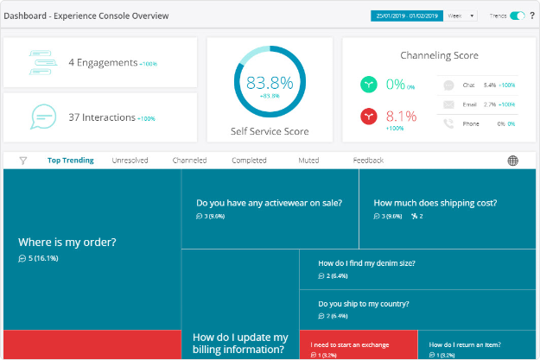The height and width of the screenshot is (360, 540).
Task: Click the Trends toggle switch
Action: point(518,16)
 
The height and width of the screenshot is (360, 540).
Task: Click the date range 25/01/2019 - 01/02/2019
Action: point(406,16)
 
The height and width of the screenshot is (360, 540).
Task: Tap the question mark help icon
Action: point(532,16)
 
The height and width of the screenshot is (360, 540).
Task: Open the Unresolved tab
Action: point(130,161)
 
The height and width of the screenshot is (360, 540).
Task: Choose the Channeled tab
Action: point(189,161)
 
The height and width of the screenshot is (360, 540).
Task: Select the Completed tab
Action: point(249,161)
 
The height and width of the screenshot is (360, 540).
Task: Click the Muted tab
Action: point(308,161)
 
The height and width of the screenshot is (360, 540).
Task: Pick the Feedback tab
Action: point(368,161)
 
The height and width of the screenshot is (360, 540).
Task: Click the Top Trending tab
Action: point(71,161)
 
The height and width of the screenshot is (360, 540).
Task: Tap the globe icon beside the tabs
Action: point(512,161)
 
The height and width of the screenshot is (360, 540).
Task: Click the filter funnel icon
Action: point(23,161)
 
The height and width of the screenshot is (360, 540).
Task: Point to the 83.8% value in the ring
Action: point(270,84)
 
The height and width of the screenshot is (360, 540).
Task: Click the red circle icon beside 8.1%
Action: point(370,117)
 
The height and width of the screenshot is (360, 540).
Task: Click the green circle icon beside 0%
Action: point(370,85)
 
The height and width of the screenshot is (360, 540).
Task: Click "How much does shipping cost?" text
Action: point(435,204)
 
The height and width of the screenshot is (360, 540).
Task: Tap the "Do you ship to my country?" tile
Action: point(363,304)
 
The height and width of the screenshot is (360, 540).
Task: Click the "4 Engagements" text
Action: point(102,62)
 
